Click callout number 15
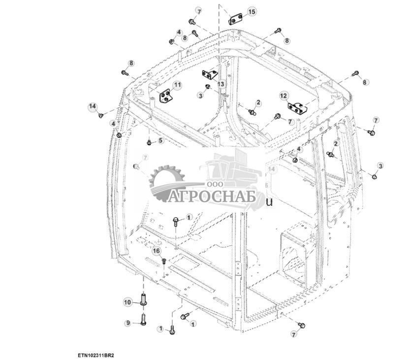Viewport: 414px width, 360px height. (x=252, y=11)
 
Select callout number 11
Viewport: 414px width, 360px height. (x=177, y=85)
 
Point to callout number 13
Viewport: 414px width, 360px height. (x=221, y=85)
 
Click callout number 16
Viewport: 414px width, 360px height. (x=156, y=251)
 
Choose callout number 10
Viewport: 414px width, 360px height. (x=127, y=301)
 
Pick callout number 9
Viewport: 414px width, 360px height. (x=127, y=323)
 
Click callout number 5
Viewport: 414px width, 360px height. (x=160, y=141)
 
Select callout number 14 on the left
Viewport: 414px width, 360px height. (x=92, y=106)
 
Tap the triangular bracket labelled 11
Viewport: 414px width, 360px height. (x=166, y=96)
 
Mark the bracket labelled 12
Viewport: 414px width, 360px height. (x=296, y=106)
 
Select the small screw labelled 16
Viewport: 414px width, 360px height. (x=164, y=260)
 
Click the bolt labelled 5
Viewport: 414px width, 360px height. (x=149, y=142)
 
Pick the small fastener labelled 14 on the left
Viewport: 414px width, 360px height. (x=101, y=115)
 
